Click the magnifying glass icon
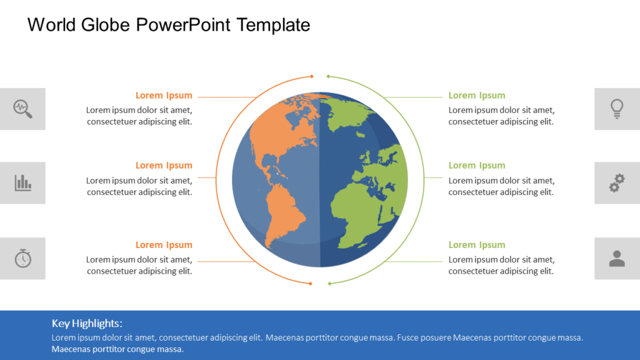tap(22, 109)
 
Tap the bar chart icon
tap(22, 182)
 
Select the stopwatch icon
tap(22, 257)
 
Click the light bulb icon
tap(617, 109)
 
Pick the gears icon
tap(617, 182)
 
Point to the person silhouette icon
tap(617, 258)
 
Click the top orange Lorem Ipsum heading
tap(164, 96)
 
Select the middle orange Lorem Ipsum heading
tap(164, 166)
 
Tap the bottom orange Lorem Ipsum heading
tap(164, 245)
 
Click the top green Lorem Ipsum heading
tap(477, 96)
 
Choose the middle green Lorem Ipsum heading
tap(477, 166)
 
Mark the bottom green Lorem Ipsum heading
tap(477, 245)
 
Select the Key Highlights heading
tap(87, 323)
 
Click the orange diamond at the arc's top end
tap(311, 77)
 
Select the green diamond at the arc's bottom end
tap(329, 284)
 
